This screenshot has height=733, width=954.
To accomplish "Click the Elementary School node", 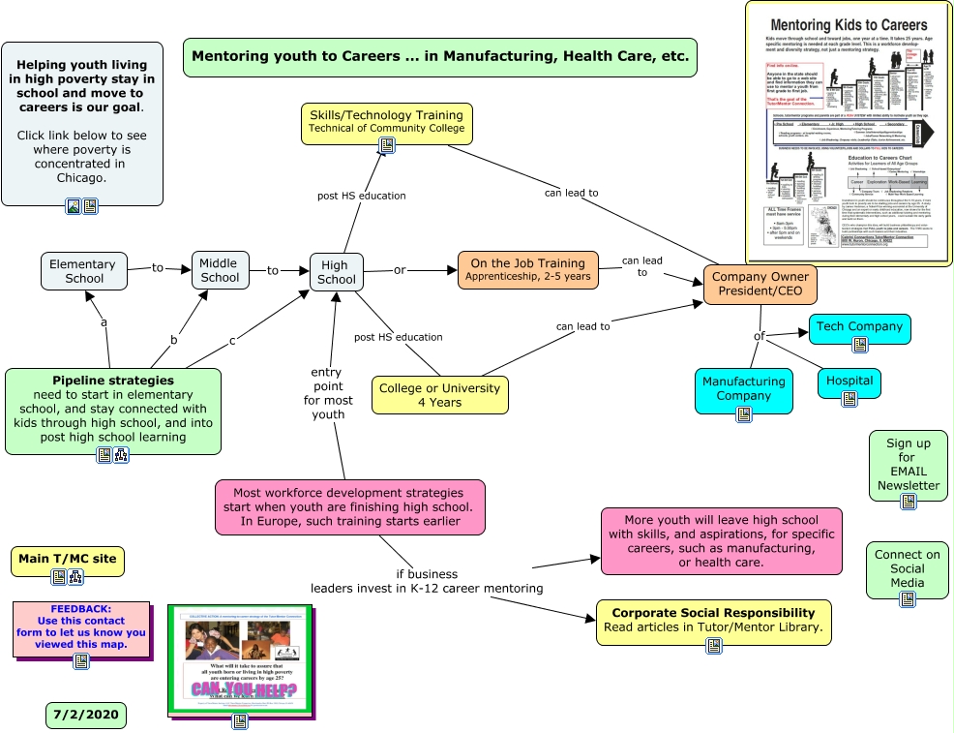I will (x=83, y=271).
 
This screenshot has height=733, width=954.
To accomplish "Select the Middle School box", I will (x=220, y=269).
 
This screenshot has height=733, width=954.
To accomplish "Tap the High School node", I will (x=336, y=272).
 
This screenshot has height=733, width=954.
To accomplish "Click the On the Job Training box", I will (x=527, y=269).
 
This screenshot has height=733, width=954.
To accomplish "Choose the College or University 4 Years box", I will (x=439, y=394).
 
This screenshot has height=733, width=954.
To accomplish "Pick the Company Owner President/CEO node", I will (x=760, y=284).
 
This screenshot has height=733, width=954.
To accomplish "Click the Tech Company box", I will (x=859, y=327).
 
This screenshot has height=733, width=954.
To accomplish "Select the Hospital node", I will (x=849, y=381).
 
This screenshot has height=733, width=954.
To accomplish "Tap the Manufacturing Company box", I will (x=743, y=388).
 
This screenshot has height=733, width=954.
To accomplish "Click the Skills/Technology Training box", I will (x=386, y=120).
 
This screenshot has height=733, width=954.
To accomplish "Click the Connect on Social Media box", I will (x=907, y=568).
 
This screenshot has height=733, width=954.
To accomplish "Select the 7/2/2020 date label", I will (x=85, y=715).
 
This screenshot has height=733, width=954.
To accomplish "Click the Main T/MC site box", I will (x=68, y=559).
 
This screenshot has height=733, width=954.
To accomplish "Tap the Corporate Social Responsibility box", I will (x=713, y=620).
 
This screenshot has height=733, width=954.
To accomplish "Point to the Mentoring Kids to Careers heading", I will (x=848, y=25).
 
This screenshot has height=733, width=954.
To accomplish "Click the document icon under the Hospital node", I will (x=849, y=398).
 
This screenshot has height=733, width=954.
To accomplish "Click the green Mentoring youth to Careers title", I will (x=439, y=56).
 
